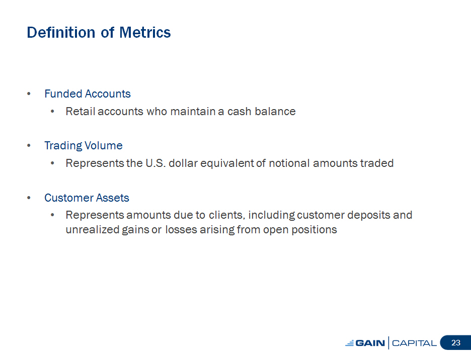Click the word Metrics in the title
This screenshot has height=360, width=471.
click(145, 32)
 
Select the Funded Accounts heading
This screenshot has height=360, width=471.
click(88, 94)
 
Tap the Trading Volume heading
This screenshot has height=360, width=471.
click(84, 146)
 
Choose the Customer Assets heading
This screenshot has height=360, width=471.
click(87, 198)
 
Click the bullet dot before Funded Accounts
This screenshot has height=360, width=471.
click(29, 94)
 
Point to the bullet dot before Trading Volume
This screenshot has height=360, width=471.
click(29, 146)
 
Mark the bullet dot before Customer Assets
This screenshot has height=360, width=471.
click(29, 198)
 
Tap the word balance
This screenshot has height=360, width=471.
click(275, 112)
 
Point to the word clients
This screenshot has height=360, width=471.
click(227, 215)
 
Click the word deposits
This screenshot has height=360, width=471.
click(368, 215)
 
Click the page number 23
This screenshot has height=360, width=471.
click(456, 343)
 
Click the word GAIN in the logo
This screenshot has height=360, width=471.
click(370, 343)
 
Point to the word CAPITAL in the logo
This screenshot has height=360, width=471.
click(414, 343)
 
